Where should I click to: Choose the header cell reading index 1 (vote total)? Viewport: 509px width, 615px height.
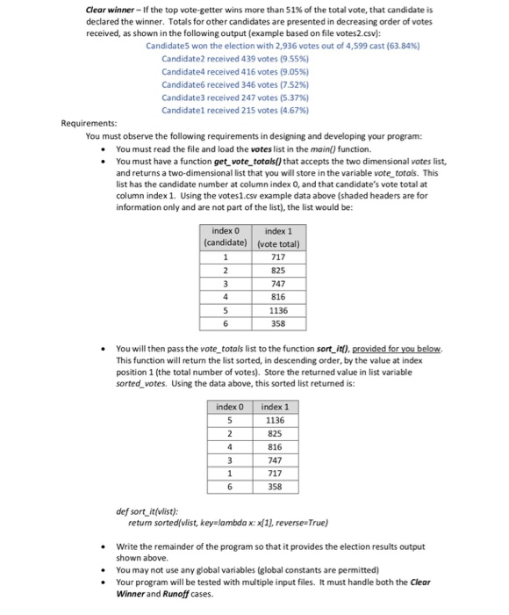(x=276, y=236)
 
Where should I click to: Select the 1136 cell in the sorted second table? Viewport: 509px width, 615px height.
(x=274, y=420)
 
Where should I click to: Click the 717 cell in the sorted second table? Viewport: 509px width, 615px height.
(x=274, y=470)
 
